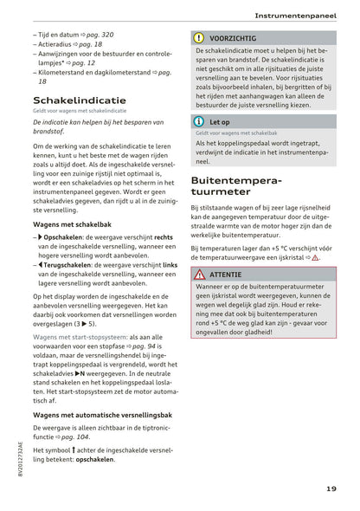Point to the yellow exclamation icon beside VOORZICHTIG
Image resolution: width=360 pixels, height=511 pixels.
pos(198,38)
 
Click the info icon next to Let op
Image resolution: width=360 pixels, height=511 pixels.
pos(198,122)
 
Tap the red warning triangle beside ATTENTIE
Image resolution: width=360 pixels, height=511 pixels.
pos(198,274)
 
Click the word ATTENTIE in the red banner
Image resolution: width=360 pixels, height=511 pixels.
pos(226,274)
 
